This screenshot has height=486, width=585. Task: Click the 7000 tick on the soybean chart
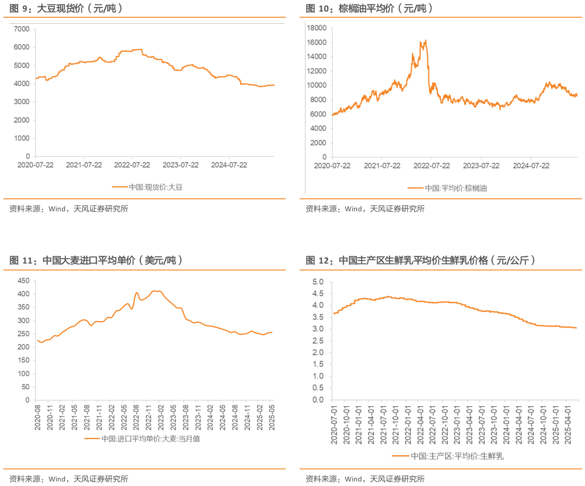click(22, 29)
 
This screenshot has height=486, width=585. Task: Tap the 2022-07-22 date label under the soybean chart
click(132, 165)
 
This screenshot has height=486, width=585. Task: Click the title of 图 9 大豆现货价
click(66, 9)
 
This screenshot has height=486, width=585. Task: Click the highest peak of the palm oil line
click(426, 40)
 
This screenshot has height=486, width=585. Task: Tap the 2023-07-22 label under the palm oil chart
click(480, 165)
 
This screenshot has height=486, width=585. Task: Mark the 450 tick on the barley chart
click(23, 281)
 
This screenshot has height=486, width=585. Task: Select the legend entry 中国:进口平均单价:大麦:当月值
click(150, 439)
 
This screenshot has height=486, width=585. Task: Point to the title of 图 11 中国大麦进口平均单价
click(96, 260)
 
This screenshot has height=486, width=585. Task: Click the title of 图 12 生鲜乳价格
click(420, 260)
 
